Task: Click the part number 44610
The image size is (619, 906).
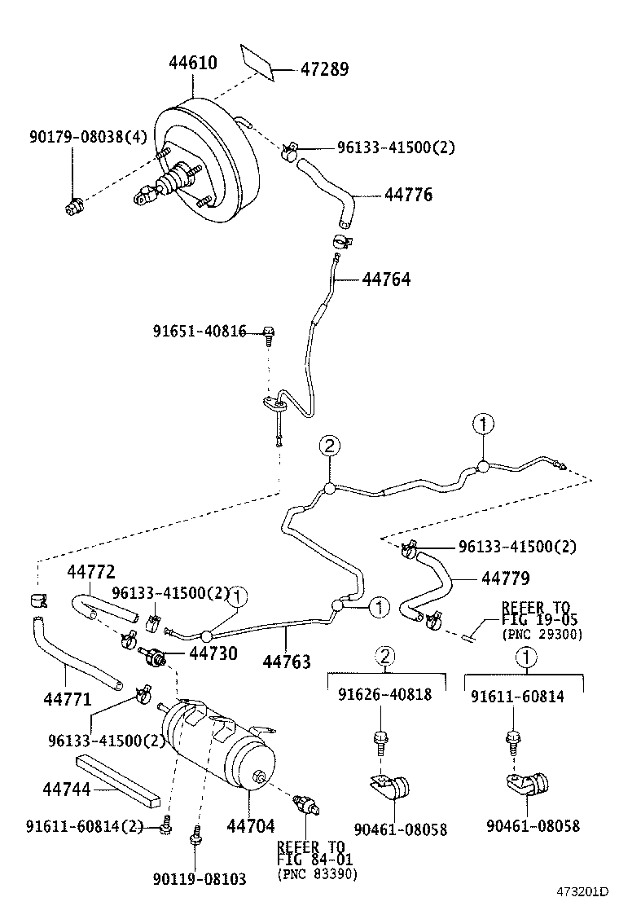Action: coord(193,63)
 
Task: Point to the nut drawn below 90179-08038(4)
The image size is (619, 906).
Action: coord(73,208)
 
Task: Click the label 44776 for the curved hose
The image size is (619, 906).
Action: coord(408,196)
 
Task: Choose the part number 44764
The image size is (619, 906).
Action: coord(386,279)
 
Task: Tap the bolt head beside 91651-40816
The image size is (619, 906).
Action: coord(269,332)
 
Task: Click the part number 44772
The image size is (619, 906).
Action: coord(90,572)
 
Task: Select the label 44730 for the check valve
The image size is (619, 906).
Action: coord(213,653)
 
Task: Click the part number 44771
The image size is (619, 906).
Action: coord(66,698)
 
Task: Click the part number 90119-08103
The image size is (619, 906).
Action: coord(200,879)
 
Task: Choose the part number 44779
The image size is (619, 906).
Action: coord(505,578)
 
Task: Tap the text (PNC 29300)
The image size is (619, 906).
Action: coord(542,635)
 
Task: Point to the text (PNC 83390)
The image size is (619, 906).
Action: coord(317,874)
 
